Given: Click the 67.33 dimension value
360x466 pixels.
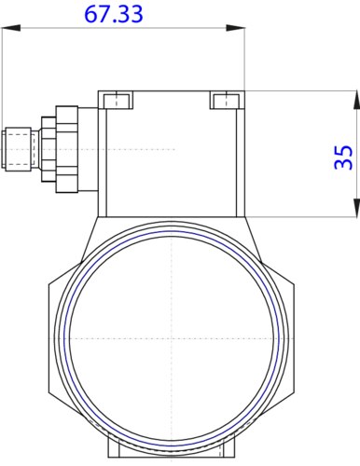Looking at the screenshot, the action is coord(114,14).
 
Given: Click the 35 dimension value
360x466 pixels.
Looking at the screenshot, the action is coord(343,158).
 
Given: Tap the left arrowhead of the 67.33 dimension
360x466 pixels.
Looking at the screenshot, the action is coord(11,28).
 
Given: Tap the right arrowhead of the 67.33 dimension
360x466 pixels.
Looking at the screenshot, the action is coord(235,28).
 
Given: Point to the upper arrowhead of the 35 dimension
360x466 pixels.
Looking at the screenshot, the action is coord(356,100).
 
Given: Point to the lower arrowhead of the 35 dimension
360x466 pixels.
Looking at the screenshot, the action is coord(356,208).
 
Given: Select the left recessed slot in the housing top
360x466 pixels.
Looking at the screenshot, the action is coord(117,100).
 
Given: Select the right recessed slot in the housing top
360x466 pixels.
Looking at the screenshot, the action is coord(227,100).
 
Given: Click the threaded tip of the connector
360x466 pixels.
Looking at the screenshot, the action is coord(17,149).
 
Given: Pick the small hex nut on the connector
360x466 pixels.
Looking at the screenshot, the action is coord(48,149).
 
